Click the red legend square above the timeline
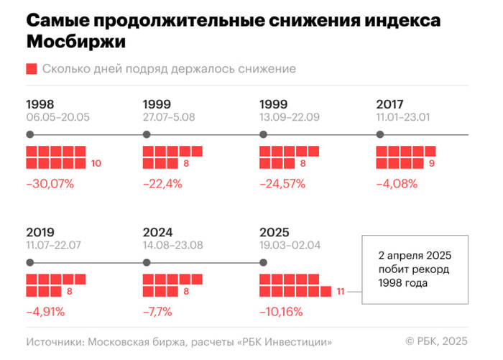tap(32, 69)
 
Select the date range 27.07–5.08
tap(172, 117)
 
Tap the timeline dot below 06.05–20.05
tap(29, 134)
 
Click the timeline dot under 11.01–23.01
tap(380, 134)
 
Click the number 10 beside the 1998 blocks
tap(96, 164)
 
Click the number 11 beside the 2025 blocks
tap(341, 291)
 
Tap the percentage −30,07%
tap(50, 184)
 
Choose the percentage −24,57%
tap(282, 184)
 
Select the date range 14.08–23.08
tap(173, 245)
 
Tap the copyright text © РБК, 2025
tap(438, 341)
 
